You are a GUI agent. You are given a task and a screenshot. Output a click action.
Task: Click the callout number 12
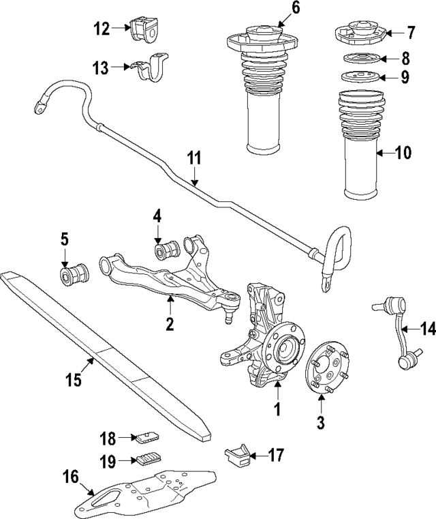(x=102, y=28)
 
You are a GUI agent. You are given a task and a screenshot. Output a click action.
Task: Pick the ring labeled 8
(x=358, y=59)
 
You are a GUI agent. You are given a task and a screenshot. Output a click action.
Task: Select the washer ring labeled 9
(x=358, y=76)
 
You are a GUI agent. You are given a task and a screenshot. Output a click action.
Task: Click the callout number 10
(x=403, y=153)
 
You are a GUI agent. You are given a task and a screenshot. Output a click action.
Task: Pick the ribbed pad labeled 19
(x=149, y=458)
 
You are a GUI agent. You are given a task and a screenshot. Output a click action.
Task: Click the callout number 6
(x=276, y=8)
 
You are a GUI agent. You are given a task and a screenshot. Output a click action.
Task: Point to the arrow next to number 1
(x=277, y=393)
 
